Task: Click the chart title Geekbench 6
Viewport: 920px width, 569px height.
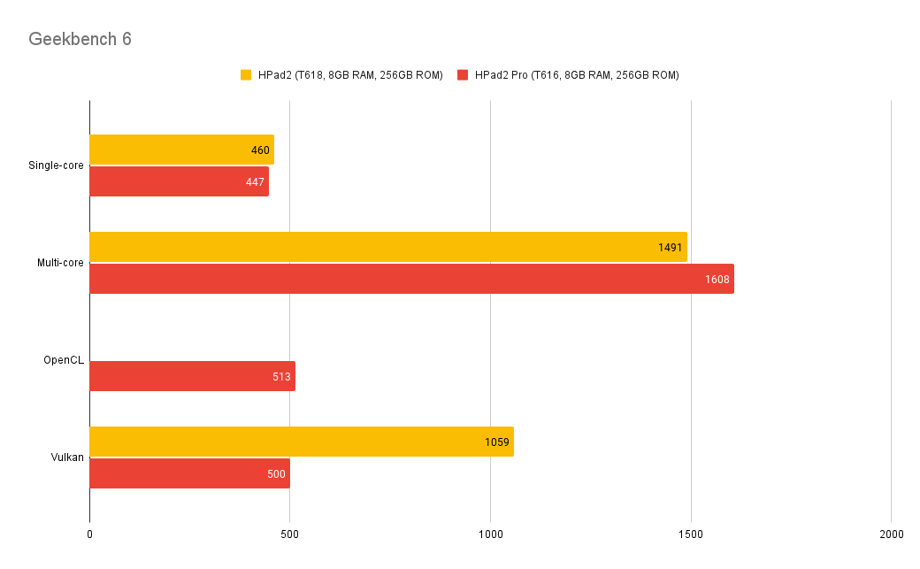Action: [x=80, y=39]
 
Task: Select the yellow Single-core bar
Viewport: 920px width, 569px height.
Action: [x=181, y=150]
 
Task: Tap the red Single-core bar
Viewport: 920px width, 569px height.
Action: [x=179, y=181]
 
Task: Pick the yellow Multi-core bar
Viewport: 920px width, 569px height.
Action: [x=388, y=247]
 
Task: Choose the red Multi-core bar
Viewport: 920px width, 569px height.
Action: [x=411, y=279]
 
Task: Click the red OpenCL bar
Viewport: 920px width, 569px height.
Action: [x=192, y=376]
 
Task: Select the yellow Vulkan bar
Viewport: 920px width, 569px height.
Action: [x=302, y=442]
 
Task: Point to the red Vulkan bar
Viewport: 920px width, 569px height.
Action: [x=189, y=473]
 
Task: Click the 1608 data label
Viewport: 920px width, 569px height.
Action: [x=717, y=280]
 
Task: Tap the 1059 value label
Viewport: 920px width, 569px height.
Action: [x=497, y=442]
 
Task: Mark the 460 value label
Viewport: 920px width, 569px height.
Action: [x=260, y=150]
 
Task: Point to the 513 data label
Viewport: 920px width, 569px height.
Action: [x=281, y=377]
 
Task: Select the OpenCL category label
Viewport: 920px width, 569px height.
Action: [x=64, y=360]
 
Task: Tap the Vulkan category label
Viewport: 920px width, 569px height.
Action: [x=68, y=458]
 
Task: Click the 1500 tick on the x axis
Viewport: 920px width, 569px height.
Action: [x=691, y=534]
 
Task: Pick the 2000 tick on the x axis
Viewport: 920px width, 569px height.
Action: [x=891, y=534]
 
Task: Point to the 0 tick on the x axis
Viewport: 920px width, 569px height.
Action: [x=89, y=534]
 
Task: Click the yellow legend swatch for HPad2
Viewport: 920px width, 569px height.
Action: [x=246, y=75]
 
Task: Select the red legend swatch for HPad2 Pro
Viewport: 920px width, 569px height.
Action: [x=463, y=75]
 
